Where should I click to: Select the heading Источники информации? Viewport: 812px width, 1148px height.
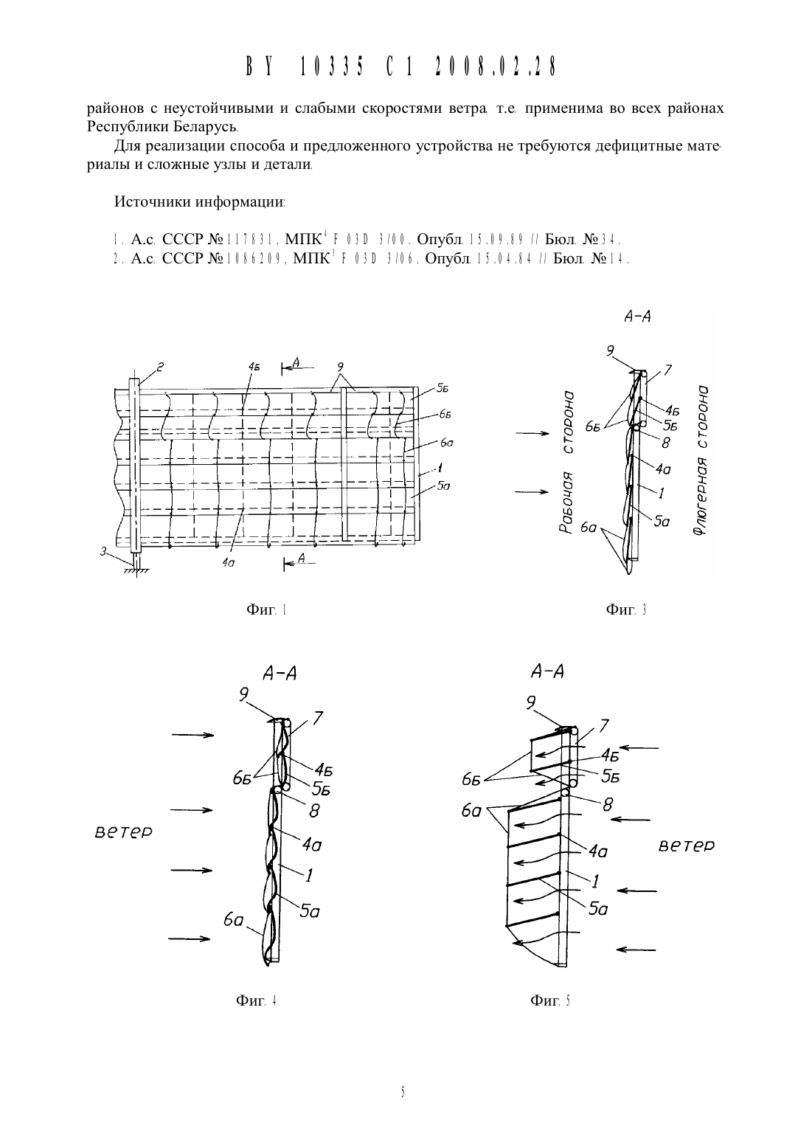tap(199, 202)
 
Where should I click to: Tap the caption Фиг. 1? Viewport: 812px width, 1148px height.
tap(266, 609)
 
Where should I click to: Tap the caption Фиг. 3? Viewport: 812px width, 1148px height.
tap(626, 609)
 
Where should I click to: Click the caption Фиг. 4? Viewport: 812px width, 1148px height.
tap(256, 1000)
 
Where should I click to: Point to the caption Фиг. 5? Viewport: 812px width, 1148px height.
tap(550, 1000)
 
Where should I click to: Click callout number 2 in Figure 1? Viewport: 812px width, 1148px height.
tap(160, 367)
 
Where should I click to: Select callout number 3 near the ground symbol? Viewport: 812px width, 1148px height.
tap(103, 551)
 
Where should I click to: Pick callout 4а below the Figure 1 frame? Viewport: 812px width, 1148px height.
tap(229, 562)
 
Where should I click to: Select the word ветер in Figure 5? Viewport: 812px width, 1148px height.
tap(686, 846)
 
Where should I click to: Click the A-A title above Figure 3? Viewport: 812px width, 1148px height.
tap(637, 317)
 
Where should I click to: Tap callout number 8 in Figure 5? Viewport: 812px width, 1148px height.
tap(608, 805)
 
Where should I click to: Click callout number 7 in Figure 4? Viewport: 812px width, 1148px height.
tap(318, 719)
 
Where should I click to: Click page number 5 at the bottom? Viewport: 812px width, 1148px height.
tap(403, 1093)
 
